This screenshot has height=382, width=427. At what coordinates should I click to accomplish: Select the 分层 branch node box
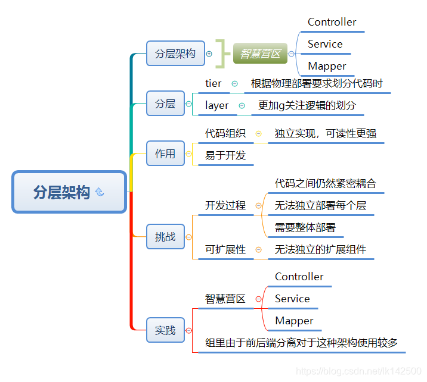pyautogui.click(x=165, y=104)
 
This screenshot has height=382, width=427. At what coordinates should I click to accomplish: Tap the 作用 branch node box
pyautogui.click(x=165, y=154)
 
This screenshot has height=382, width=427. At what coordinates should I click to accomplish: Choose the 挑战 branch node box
pyautogui.click(x=165, y=236)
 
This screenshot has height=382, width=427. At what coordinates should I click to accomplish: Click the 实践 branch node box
pyautogui.click(x=165, y=330)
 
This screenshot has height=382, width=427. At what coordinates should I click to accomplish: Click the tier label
pyautogui.click(x=213, y=84)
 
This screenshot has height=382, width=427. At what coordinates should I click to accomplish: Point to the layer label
pyautogui.click(x=217, y=105)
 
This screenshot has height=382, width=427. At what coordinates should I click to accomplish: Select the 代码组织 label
pyautogui.click(x=225, y=133)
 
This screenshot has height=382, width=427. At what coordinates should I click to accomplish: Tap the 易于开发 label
pyautogui.click(x=225, y=155)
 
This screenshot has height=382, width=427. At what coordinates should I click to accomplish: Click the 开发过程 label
pyautogui.click(x=225, y=205)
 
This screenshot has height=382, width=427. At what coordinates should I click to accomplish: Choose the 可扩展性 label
pyautogui.click(x=225, y=249)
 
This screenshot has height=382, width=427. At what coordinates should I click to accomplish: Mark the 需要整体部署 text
pyautogui.click(x=305, y=227)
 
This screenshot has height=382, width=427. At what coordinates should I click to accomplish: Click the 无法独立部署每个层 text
pyautogui.click(x=320, y=205)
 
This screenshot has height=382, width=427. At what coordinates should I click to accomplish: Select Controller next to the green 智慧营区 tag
pyautogui.click(x=332, y=22)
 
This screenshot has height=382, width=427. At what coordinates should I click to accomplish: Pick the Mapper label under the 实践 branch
pyautogui.click(x=294, y=321)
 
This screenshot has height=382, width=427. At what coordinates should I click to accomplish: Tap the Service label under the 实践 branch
pyautogui.click(x=292, y=299)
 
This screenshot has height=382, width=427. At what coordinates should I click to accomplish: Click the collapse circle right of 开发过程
pyautogui.click(x=258, y=206)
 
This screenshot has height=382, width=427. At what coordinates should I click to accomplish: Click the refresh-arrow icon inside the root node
pyautogui.click(x=100, y=192)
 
